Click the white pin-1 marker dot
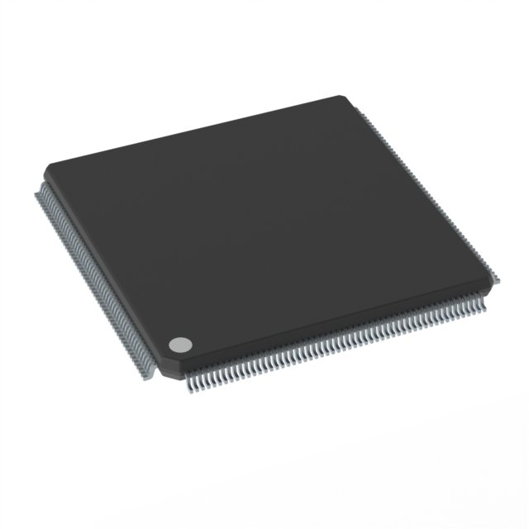coord(179,344)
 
